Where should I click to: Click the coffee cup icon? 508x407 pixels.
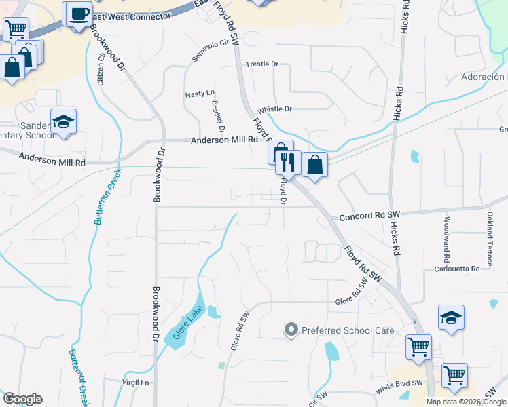click(79, 14)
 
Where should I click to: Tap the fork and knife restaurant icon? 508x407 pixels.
click(287, 163)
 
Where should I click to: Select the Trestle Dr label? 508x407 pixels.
click(262, 64)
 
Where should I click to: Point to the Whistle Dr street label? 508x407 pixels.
click(274, 109)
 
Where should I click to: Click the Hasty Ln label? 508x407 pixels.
click(200, 93)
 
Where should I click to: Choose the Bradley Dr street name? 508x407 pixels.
click(218, 115)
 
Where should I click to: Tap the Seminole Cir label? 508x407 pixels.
click(208, 50)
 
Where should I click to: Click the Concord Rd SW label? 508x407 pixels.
click(366, 216)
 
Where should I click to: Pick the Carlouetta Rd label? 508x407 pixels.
click(457, 269)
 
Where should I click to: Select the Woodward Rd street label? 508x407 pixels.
click(446, 239)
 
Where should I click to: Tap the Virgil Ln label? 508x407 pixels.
click(135, 383)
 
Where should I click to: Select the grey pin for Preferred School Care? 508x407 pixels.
click(291, 330)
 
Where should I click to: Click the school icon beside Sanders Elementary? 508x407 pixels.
click(64, 122)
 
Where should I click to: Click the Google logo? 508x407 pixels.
click(22, 399)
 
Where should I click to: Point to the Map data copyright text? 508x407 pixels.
click(466, 402)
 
